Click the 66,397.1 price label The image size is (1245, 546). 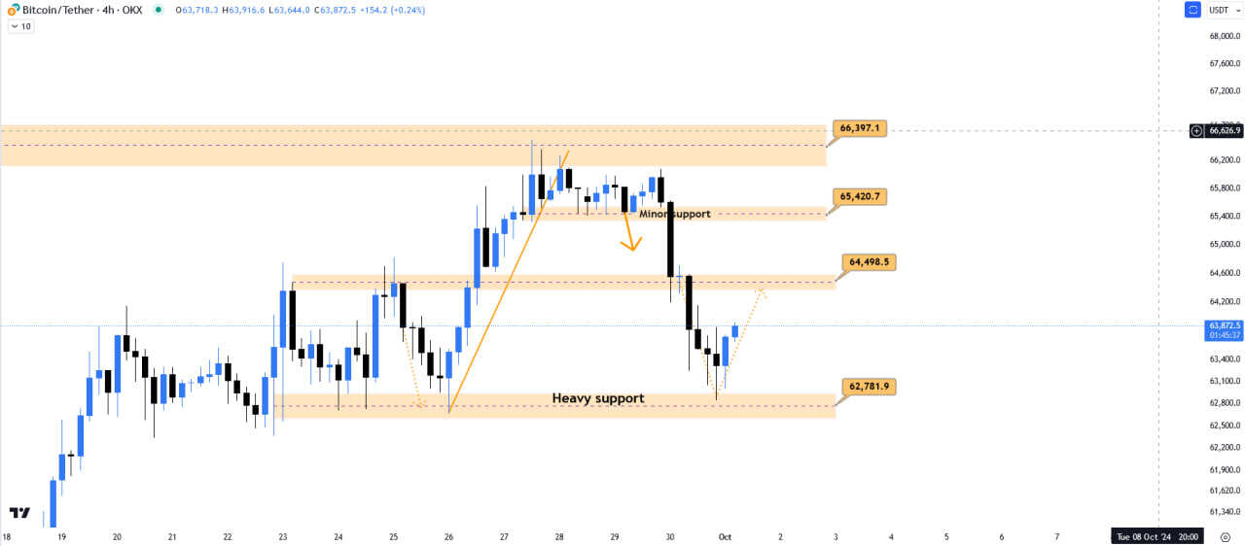coord(860,128)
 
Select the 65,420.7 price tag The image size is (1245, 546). coord(860,196)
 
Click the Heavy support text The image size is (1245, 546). coord(598,398)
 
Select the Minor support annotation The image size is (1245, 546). coord(675,214)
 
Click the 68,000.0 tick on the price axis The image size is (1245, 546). coord(1224,36)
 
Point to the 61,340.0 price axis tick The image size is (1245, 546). coord(1224,512)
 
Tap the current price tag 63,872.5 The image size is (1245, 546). coord(1223,325)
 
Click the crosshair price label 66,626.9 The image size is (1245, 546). coord(1223,130)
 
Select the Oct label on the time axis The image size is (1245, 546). coord(725,536)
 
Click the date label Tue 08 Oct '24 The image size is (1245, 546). coord(1156,536)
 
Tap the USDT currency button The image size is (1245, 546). coord(1219,10)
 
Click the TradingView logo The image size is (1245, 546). coord(18,512)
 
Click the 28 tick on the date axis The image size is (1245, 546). coord(559,536)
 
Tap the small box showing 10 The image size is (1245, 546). coord(20,26)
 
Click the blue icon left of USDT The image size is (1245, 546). coord(1192,10)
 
